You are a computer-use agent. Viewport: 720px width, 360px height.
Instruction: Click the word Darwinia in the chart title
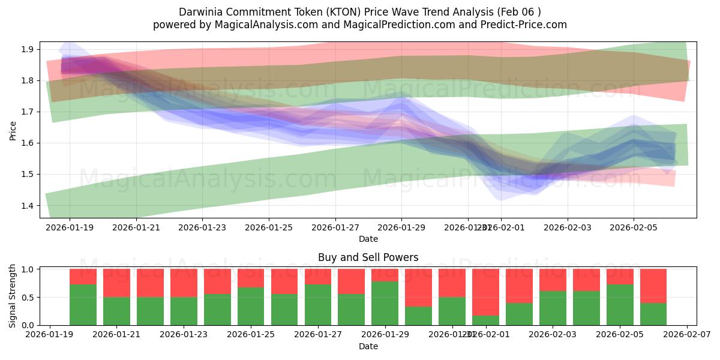(x=200, y=12)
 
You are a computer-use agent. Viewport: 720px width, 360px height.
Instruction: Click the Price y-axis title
(x=13, y=130)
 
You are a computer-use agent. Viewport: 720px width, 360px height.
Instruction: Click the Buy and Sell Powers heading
(x=368, y=257)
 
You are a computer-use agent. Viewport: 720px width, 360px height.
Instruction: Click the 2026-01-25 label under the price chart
(x=269, y=227)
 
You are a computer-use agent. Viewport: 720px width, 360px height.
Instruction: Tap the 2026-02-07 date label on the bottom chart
(x=686, y=335)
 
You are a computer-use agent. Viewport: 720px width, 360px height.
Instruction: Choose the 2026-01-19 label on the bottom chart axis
(x=49, y=335)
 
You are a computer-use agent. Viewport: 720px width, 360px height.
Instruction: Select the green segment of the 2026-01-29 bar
(x=385, y=303)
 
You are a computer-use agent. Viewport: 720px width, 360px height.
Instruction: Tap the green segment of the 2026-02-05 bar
(x=620, y=305)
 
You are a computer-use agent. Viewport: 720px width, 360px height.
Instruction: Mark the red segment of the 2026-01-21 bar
(x=116, y=283)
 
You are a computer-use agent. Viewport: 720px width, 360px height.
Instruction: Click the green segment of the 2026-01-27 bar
(x=317, y=305)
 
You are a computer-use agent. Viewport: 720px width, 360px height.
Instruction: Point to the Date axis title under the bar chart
(x=368, y=346)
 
